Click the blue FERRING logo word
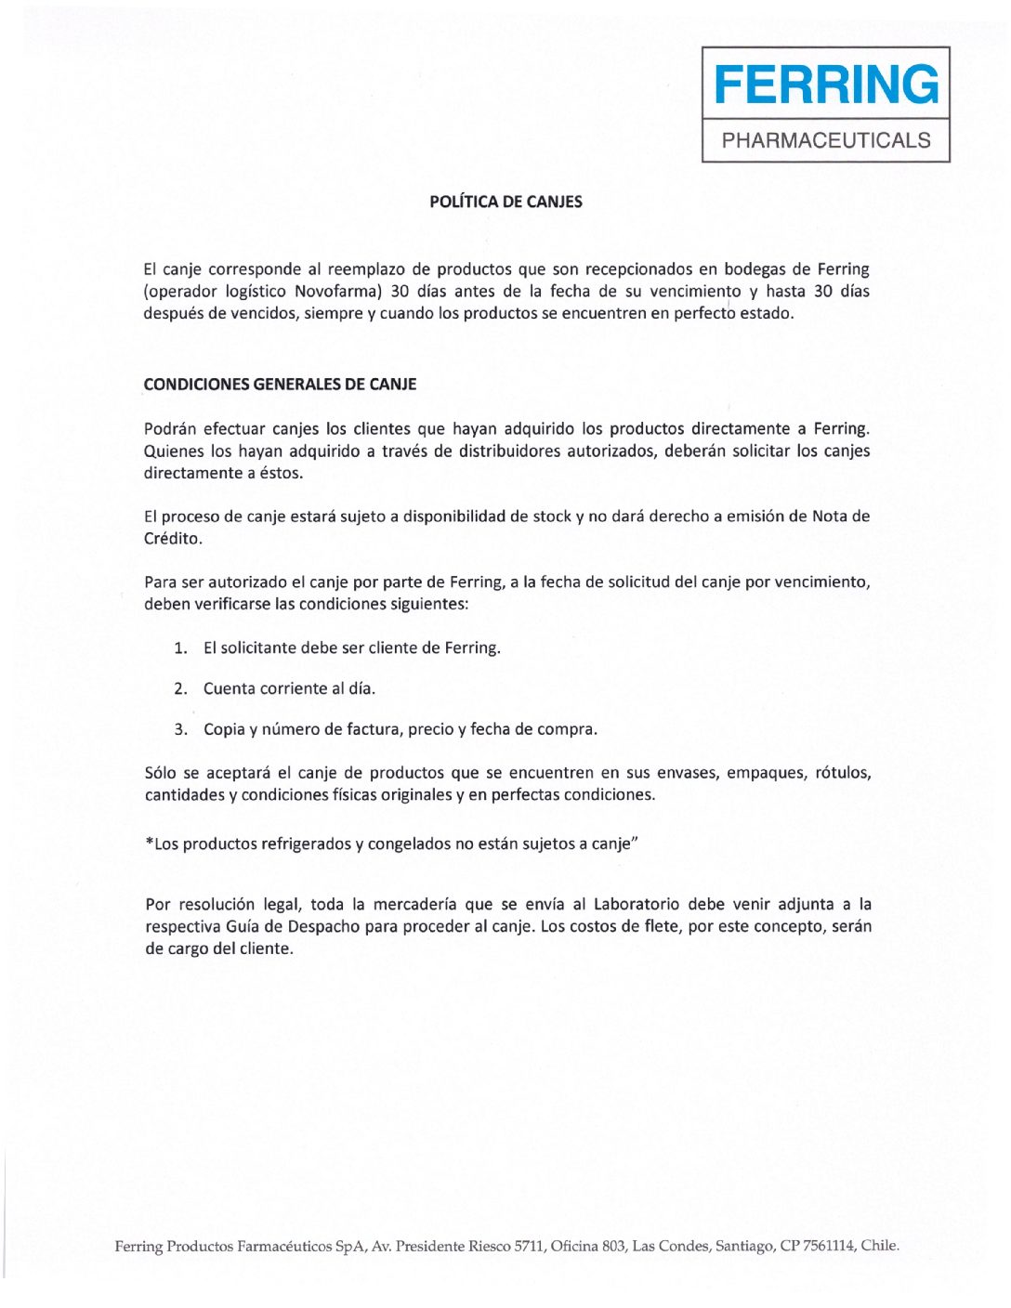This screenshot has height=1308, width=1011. tap(826, 85)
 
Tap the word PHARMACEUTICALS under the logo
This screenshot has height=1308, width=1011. tap(826, 140)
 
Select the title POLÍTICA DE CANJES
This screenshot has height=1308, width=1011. tap(505, 202)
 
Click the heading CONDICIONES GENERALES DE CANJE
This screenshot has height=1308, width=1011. tap(280, 385)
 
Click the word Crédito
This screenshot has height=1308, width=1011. tap(172, 539)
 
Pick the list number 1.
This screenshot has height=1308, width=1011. tap(180, 648)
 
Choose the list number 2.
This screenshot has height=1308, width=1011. tap(180, 689)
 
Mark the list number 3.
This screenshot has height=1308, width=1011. tap(180, 730)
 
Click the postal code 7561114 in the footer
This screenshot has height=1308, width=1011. tap(828, 1247)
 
